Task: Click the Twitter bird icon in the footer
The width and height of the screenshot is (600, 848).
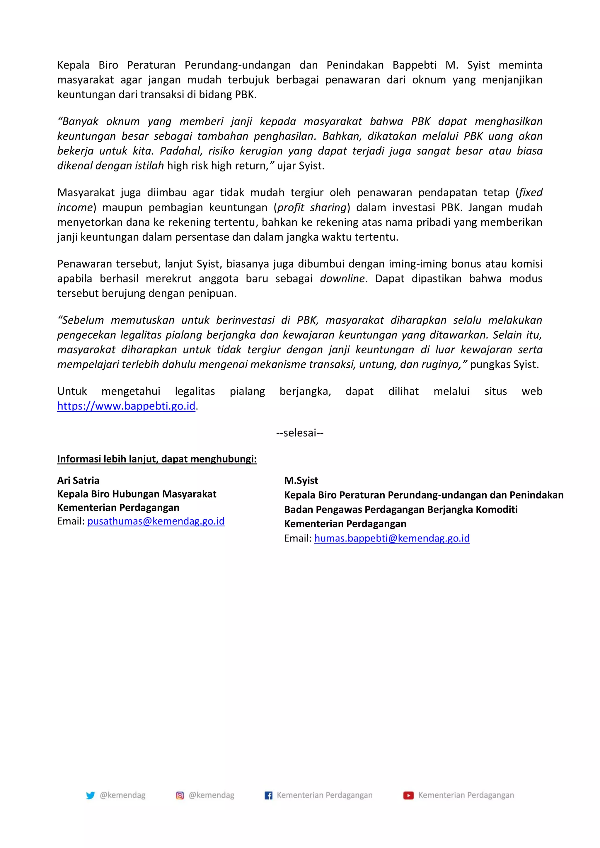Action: point(90,795)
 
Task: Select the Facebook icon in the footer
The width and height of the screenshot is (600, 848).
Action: point(268,795)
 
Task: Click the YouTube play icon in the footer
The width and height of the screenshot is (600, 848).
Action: point(408,795)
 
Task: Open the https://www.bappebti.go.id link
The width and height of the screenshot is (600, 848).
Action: point(126,406)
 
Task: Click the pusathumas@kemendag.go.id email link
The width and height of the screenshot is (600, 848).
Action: point(156,521)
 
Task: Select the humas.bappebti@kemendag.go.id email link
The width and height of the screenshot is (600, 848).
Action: point(392,538)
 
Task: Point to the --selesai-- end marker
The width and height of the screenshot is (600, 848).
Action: point(299,433)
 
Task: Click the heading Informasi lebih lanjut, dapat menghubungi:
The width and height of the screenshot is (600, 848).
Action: point(157,459)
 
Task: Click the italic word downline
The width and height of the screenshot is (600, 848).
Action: point(342,278)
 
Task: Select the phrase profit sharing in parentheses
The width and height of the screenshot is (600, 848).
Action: point(312,207)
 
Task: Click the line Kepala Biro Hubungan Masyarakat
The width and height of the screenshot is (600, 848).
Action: point(137,494)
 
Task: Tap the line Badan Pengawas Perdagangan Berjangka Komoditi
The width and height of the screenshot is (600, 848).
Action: point(401,509)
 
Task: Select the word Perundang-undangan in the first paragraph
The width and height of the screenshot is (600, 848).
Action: point(237,65)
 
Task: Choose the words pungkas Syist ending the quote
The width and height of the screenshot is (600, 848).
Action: point(504,364)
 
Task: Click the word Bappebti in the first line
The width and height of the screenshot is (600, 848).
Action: point(415,65)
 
